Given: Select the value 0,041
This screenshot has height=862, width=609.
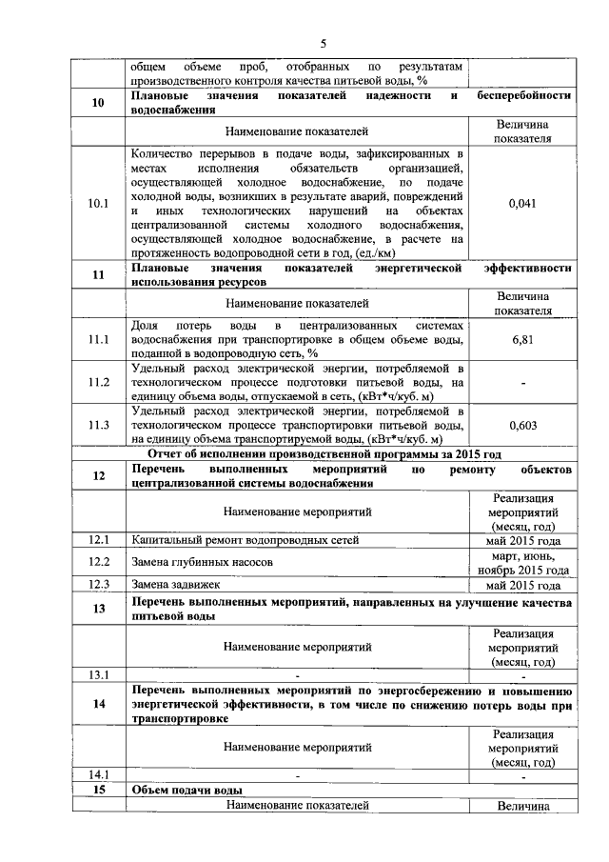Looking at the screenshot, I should coord(522,203).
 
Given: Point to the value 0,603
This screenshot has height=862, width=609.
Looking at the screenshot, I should coord(522,425).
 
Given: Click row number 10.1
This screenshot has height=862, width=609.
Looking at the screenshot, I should coord(98,203).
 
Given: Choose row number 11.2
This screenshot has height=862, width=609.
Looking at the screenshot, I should coord(98,382).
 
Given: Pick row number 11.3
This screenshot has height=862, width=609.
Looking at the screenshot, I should coord(98,425).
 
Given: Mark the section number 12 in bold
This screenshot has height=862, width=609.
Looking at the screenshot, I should coord(98,476).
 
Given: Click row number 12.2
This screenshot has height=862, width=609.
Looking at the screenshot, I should coord(98,562).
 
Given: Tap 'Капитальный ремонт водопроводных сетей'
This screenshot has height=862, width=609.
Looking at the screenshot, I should coord(246,540).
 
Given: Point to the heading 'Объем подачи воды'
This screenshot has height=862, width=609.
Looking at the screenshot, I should coord(187,791).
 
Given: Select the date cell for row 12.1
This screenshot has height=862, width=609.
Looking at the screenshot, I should coord(522,540).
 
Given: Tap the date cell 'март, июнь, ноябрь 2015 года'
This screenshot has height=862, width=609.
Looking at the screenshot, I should coord(522,562).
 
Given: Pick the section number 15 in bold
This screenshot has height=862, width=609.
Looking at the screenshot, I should coord(98,791).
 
